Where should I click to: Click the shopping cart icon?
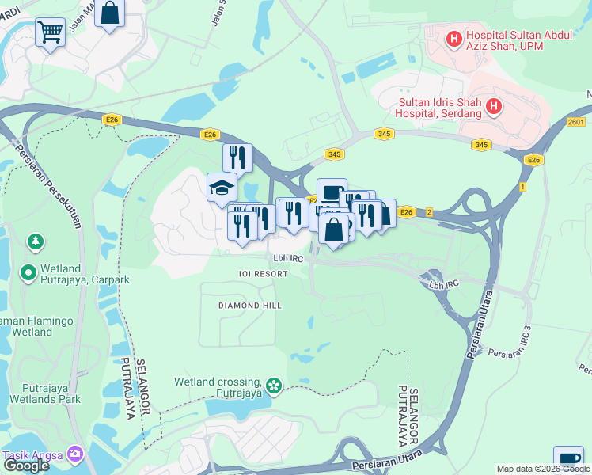tap(50, 32)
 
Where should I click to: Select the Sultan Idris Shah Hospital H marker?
tap(494, 106)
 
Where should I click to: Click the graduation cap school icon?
tap(222, 188)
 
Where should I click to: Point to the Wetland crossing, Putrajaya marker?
tap(274, 386)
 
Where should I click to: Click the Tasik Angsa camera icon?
tap(75, 454)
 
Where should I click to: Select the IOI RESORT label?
tap(253, 273)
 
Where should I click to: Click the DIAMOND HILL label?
tap(250, 305)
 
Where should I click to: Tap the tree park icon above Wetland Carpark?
tap(35, 240)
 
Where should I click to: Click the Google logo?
tap(26, 465)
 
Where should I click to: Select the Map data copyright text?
tap(543, 469)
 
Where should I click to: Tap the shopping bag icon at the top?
tap(110, 13)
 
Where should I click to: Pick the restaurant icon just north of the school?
tap(237, 157)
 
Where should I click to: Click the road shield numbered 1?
tap(522, 186)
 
